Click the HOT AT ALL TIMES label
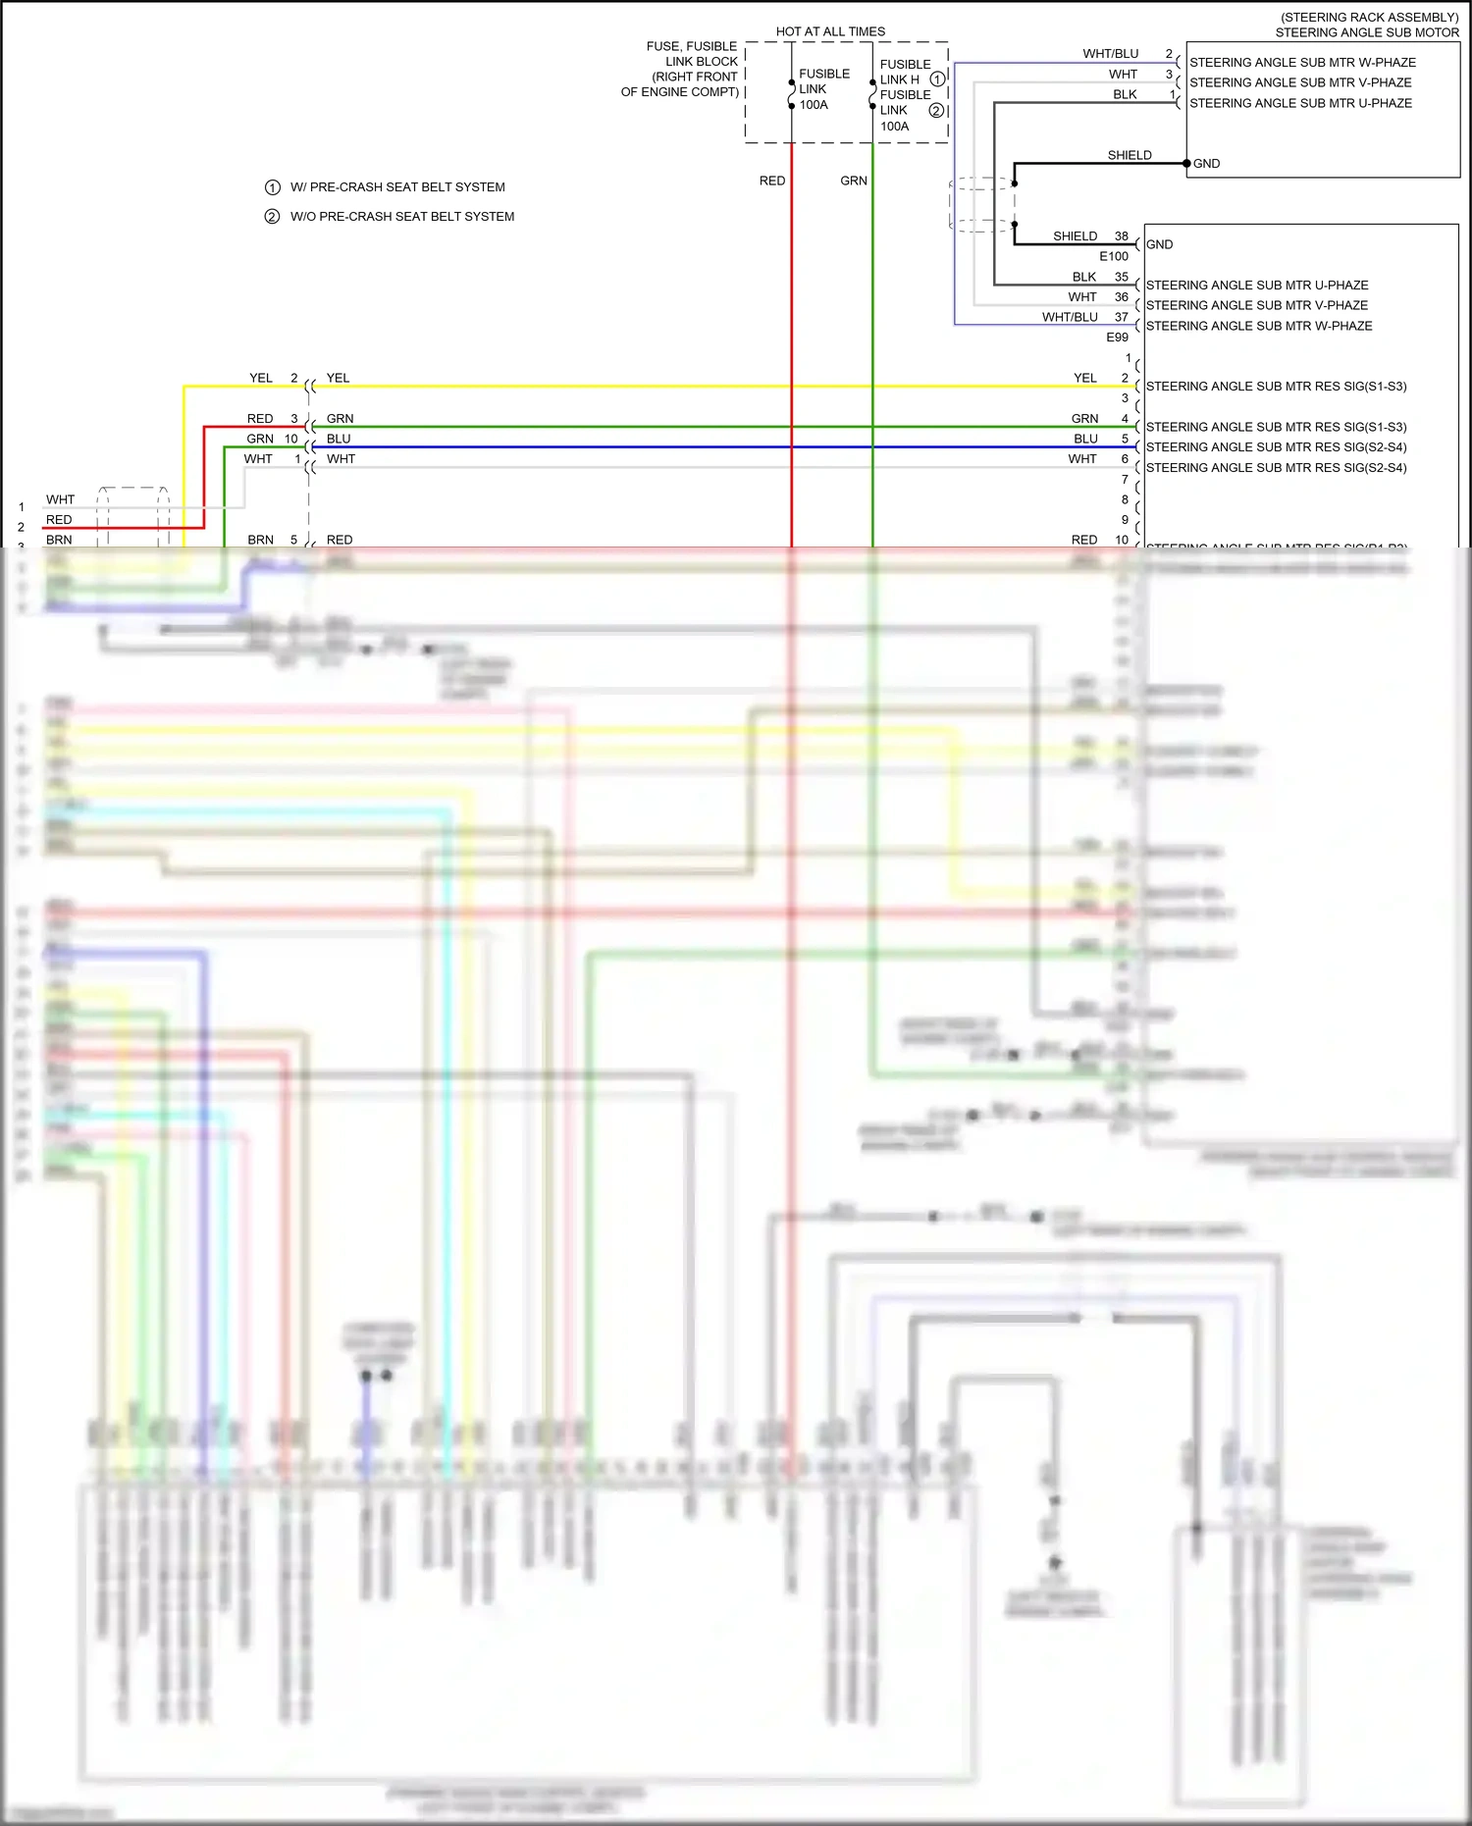pyautogui.click(x=830, y=31)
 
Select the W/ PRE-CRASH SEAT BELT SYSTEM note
pyautogui.click(x=396, y=187)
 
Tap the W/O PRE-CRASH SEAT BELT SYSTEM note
pyautogui.click(x=401, y=217)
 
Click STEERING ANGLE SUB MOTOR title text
pyautogui.click(x=1366, y=32)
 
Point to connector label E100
pyautogui.click(x=1113, y=256)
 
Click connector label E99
pyautogui.click(x=1117, y=337)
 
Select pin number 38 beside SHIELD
pyautogui.click(x=1121, y=236)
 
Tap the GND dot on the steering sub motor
pyautogui.click(x=1186, y=163)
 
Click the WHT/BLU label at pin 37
pyautogui.click(x=1069, y=317)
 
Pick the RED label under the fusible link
pyautogui.click(x=771, y=181)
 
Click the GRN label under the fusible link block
pyautogui.click(x=853, y=181)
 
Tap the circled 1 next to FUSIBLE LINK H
pyautogui.click(x=936, y=79)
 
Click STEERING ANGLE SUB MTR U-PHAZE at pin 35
pyautogui.click(x=1256, y=286)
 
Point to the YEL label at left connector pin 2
pyautogui.click(x=260, y=378)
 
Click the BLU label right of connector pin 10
pyautogui.click(x=339, y=439)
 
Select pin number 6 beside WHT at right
pyautogui.click(x=1125, y=459)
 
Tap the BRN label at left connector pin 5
pyautogui.click(x=260, y=540)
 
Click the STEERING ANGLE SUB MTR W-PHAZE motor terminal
pyautogui.click(x=1302, y=63)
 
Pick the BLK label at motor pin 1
pyautogui.click(x=1125, y=94)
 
